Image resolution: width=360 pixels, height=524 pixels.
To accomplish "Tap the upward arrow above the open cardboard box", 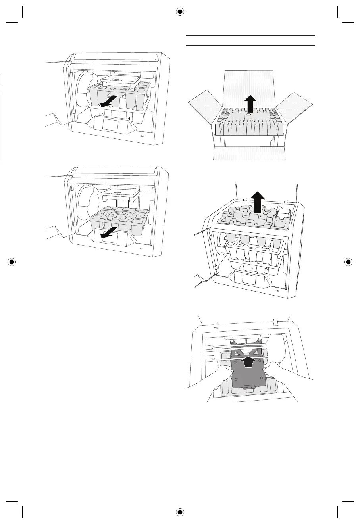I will coord(249,104).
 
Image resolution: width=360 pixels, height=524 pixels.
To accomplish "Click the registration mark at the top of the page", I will coord(180,12).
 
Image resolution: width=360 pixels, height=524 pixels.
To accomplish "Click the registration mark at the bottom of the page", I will coord(180,512).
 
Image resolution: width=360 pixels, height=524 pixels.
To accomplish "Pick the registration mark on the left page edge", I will coord(12,262).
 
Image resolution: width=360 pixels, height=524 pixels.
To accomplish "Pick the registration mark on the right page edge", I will coord(348,262).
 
